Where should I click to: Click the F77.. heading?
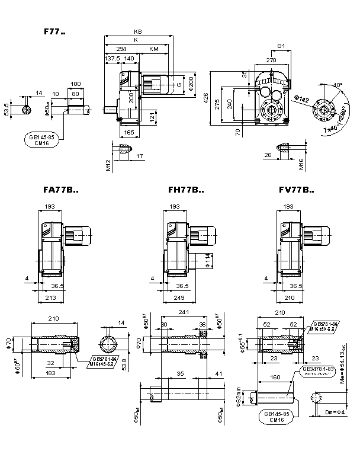(x=54, y=30)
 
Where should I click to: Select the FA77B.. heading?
(x=60, y=190)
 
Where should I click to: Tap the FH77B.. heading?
(x=185, y=190)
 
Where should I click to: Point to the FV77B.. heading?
(x=296, y=190)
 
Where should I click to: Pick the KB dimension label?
(x=137, y=32)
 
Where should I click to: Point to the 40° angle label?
(x=337, y=85)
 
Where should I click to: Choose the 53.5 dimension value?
(x=7, y=109)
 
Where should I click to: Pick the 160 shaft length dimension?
(x=276, y=377)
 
